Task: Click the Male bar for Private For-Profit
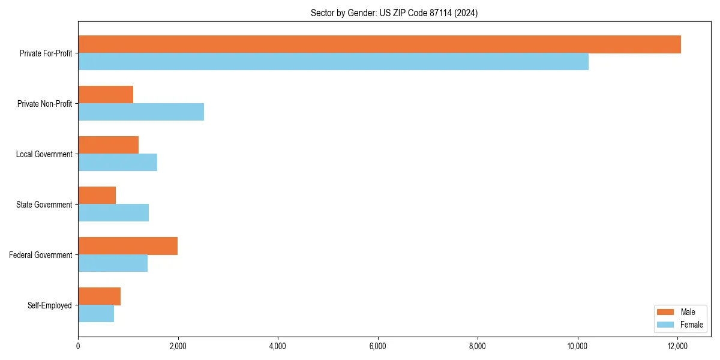click(x=379, y=44)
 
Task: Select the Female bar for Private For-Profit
click(x=333, y=62)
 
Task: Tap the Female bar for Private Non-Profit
click(x=141, y=112)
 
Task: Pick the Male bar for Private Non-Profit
click(x=106, y=95)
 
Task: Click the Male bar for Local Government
click(x=108, y=145)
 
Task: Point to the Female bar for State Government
click(x=113, y=213)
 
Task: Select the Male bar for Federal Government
click(x=128, y=246)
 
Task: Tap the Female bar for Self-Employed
click(x=96, y=314)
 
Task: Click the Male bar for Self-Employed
click(x=99, y=296)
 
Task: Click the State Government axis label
click(x=44, y=205)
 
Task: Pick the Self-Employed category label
click(x=49, y=305)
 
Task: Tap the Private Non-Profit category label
click(x=44, y=104)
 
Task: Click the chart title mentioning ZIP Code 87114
click(x=394, y=13)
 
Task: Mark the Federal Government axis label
click(x=41, y=255)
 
